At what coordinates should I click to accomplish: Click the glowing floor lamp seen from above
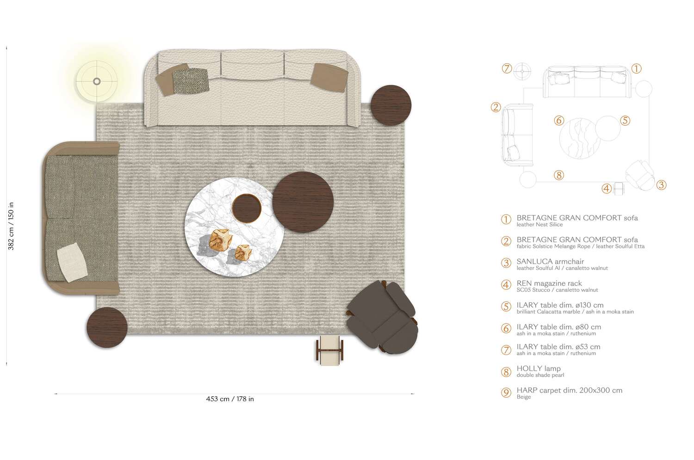[x=97, y=82]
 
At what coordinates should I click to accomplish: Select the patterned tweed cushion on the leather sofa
[x=191, y=80]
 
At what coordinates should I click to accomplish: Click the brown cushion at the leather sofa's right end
[x=329, y=77]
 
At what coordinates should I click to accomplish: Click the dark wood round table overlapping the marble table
[x=303, y=202]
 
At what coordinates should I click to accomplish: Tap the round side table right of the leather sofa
[x=391, y=105]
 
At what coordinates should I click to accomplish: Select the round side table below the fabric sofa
[x=107, y=327]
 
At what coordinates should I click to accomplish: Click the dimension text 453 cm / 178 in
[x=230, y=399]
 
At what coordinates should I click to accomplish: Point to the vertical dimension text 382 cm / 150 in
[x=11, y=226]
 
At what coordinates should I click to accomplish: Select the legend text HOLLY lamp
[x=539, y=368]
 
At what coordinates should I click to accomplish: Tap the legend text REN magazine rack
[x=549, y=283]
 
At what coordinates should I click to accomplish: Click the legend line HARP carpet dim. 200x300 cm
[x=569, y=390]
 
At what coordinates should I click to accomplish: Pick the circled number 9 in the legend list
[x=506, y=393]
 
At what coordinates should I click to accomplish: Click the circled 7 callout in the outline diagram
[x=507, y=68]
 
